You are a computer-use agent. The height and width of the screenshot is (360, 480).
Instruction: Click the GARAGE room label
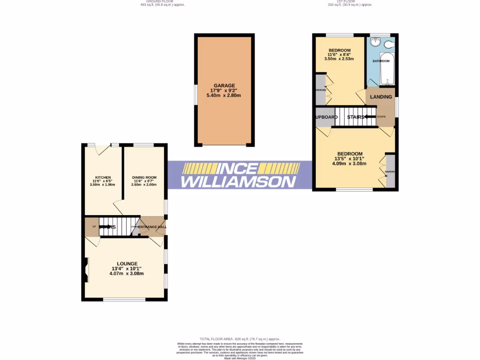[x=224, y=85]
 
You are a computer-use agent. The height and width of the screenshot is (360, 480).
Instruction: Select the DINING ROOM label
[x=144, y=177]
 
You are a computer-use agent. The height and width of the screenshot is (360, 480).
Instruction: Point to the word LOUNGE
[x=127, y=263]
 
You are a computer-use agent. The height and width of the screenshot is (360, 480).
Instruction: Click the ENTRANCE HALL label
[x=152, y=227]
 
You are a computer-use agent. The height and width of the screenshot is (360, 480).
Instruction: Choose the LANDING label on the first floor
[x=381, y=97]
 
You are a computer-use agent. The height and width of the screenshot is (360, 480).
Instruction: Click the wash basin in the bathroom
[x=375, y=43]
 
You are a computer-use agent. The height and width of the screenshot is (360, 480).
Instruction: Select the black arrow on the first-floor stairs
[x=370, y=117]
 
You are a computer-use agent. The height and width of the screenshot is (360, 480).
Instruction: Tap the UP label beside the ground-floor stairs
[x=94, y=227]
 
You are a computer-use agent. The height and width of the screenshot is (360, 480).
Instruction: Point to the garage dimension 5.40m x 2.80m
[x=224, y=96]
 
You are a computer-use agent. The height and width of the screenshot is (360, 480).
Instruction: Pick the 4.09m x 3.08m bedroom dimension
[x=349, y=164]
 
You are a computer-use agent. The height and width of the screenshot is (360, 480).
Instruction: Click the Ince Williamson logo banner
[x=240, y=175]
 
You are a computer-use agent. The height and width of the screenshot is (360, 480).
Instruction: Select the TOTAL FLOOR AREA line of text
[x=240, y=339]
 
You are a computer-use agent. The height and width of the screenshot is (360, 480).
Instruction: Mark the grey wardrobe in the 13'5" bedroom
[x=390, y=171]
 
